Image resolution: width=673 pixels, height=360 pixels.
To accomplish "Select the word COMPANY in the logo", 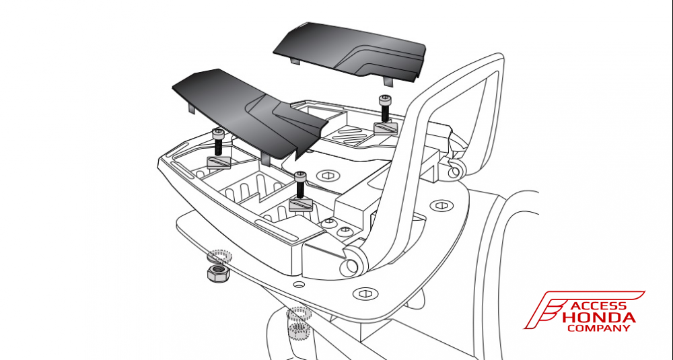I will pyautogui.click(x=598, y=328).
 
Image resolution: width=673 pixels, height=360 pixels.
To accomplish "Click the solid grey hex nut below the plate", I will pyautogui.click(x=216, y=273).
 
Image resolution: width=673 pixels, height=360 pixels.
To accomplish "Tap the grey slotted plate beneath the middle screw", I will pyautogui.click(x=301, y=205).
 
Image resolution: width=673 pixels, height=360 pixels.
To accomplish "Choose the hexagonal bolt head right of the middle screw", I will pyautogui.click(x=329, y=175).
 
